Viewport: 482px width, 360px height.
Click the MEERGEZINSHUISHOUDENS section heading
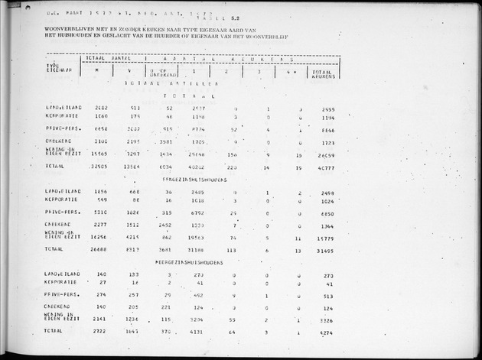pos(189,261)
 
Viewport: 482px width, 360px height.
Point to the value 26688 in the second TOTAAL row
pos(101,248)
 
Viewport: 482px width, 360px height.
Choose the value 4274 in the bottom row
pos(325,332)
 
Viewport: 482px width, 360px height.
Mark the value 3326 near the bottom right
pos(325,320)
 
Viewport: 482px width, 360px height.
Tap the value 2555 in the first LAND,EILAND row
pos(325,109)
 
